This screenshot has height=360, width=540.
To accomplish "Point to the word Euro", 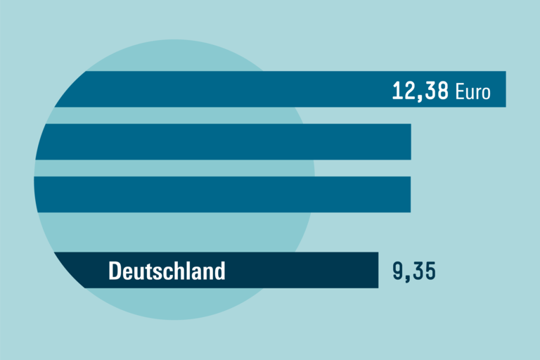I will tap(472, 91).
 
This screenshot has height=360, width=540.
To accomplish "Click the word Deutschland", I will tap(167, 271).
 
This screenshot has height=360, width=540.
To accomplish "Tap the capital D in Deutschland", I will tap(115, 271).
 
